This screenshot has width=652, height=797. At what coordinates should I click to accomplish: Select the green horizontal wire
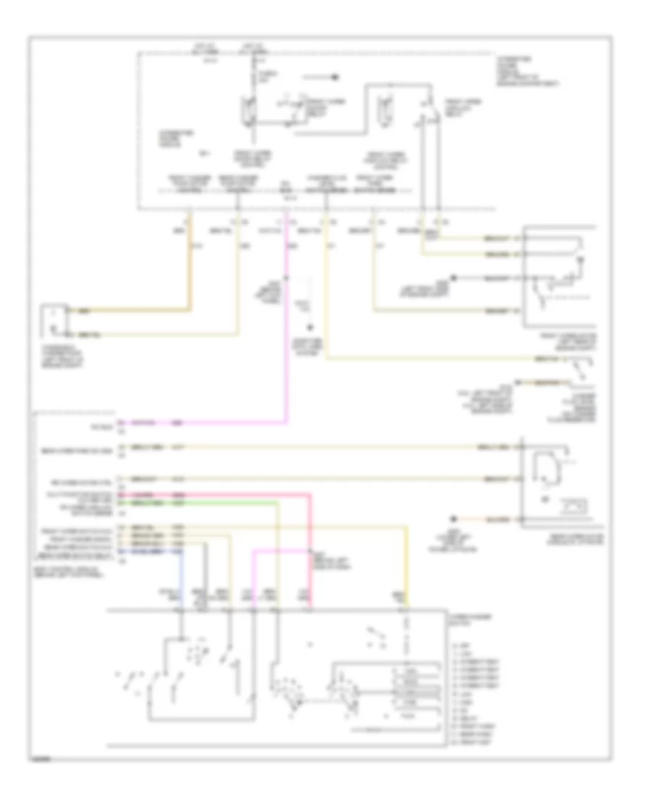[x=217, y=501]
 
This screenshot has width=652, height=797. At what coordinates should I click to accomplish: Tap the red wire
[x=239, y=494]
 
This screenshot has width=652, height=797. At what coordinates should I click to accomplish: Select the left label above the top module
[x=204, y=51]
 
